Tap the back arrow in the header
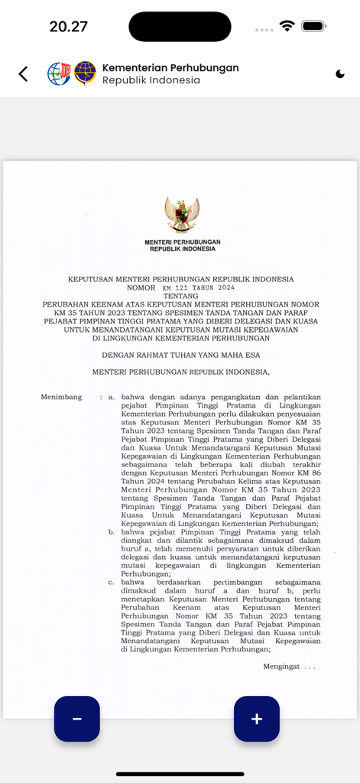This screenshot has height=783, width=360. point(23,73)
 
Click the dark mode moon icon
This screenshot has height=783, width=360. point(339,74)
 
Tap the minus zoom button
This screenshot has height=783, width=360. point(76,719)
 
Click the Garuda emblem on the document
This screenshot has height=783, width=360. point(182,215)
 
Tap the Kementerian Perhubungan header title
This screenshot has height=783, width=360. point(170,67)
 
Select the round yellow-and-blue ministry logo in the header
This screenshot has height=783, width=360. point(85,73)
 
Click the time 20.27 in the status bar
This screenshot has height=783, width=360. point(68,27)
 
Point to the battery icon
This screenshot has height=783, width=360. point(313,26)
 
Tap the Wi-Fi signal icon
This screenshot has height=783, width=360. point(287,26)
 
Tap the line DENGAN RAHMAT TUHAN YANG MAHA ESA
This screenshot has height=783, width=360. point(180,355)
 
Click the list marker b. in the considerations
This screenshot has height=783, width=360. point(112,531)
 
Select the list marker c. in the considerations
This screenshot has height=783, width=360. point(112,582)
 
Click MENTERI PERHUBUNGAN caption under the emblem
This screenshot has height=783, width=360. point(182,242)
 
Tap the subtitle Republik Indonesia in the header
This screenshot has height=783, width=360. point(151,80)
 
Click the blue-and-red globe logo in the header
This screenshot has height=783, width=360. point(59,73)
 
